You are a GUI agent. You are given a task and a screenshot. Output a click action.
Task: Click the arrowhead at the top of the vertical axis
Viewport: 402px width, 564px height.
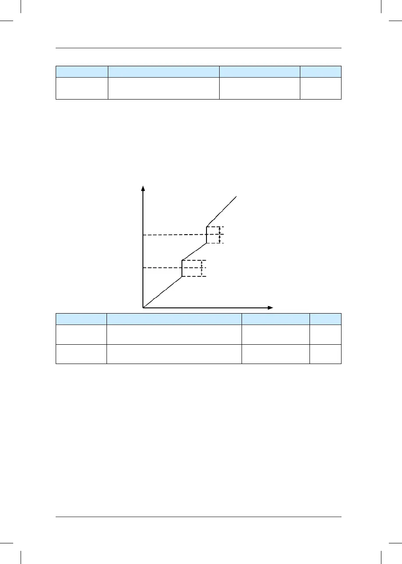(142, 188)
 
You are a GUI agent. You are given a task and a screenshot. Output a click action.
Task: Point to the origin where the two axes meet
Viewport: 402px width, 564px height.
(143, 307)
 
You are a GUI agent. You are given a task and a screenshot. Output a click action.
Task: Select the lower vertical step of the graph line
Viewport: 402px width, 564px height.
(182, 268)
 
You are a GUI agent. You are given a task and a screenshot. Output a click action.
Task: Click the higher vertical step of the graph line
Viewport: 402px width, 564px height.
(206, 235)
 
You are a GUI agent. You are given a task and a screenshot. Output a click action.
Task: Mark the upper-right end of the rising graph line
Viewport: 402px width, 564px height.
(237, 196)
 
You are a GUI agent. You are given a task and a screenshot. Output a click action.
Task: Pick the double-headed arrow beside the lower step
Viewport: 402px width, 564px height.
(201, 268)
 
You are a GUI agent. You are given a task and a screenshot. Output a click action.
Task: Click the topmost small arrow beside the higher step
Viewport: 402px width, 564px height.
(220, 230)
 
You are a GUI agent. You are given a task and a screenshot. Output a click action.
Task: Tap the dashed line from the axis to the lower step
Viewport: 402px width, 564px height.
(162, 268)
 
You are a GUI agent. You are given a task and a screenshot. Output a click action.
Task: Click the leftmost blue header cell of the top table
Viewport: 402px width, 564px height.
(82, 71)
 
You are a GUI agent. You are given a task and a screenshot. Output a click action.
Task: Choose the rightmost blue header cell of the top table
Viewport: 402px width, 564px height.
(320, 71)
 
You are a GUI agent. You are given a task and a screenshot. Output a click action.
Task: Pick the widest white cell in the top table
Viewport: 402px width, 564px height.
(164, 88)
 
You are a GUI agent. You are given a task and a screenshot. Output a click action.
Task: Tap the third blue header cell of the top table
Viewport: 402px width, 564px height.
(260, 71)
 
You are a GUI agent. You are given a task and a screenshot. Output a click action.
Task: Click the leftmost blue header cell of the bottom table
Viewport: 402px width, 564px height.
(81, 319)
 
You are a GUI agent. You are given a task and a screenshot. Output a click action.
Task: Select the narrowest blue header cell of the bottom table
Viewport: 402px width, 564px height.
(325, 319)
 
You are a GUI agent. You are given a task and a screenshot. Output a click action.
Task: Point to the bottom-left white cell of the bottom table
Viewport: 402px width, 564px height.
(81, 354)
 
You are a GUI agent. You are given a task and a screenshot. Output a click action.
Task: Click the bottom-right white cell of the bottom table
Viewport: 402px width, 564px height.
(325, 354)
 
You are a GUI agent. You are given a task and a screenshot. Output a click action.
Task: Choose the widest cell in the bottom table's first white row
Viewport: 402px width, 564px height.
(174, 335)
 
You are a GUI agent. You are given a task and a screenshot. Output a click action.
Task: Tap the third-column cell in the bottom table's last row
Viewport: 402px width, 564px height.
(276, 354)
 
